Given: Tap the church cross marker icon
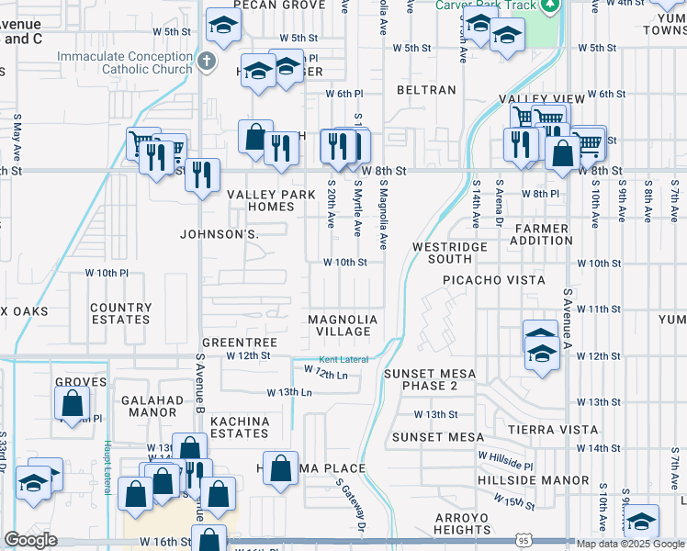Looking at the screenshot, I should pos(207,63).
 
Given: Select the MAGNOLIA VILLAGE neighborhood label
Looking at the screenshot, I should pos(339,325).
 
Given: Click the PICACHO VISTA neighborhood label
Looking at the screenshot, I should pos(493,280).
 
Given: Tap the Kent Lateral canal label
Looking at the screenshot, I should pos(343,359).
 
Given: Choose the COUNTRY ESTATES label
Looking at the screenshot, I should pos(120,313).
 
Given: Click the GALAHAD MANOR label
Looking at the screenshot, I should pos(153,406).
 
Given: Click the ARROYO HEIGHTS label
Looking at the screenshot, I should pos(462,523).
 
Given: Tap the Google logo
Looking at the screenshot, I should pos(30,540).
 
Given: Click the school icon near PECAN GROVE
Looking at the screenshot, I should pos(222,26).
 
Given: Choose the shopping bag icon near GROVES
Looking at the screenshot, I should pos(72,403).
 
